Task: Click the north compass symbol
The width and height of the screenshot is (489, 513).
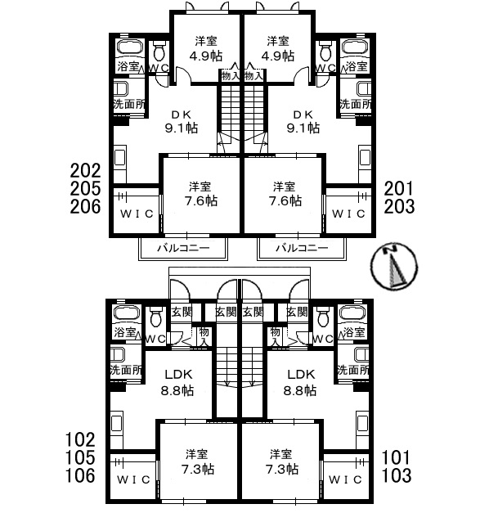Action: (x=394, y=266)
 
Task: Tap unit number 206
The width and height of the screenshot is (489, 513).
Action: (x=85, y=206)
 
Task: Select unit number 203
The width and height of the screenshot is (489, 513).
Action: (x=399, y=206)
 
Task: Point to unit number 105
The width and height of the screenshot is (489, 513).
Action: (x=80, y=457)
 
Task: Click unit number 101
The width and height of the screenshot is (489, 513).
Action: (x=396, y=457)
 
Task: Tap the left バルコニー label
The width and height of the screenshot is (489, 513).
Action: (x=183, y=248)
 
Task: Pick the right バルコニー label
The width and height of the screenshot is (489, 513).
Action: (x=302, y=248)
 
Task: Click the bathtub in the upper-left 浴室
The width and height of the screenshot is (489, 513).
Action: (x=130, y=48)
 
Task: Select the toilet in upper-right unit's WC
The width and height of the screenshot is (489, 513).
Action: (x=325, y=52)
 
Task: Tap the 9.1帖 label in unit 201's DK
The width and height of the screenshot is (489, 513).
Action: (x=303, y=128)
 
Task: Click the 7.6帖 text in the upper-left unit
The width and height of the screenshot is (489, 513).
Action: (x=201, y=200)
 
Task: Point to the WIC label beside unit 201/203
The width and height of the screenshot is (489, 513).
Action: (x=348, y=214)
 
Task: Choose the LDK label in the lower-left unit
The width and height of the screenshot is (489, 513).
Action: (x=178, y=374)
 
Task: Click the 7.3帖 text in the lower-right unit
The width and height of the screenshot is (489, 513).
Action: (x=282, y=469)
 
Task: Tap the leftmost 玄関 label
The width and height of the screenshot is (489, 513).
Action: (x=182, y=312)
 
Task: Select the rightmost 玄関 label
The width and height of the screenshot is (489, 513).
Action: (x=297, y=312)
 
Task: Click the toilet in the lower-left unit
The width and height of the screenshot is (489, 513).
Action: (x=155, y=317)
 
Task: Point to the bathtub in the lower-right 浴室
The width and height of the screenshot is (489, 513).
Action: (x=353, y=313)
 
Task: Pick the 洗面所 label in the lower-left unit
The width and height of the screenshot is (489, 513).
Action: (x=126, y=370)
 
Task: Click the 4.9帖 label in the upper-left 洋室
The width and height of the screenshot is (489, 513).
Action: (x=206, y=56)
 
